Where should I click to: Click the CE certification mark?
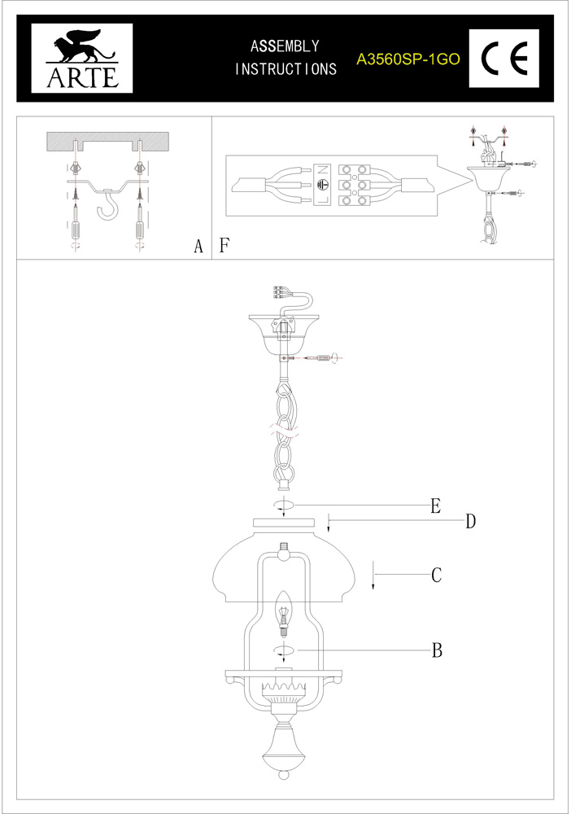tap(505, 59)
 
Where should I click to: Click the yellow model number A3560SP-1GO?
tap(409, 59)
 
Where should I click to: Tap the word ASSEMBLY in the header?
tap(285, 46)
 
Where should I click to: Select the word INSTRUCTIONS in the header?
tap(285, 70)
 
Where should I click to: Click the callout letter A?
tap(198, 247)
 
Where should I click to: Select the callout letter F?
tap(224, 245)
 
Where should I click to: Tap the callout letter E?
tap(435, 506)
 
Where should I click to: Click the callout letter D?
tap(470, 522)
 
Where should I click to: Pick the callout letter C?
tap(436, 575)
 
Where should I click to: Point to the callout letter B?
tap(436, 650)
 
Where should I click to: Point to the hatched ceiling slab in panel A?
tap(107, 140)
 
